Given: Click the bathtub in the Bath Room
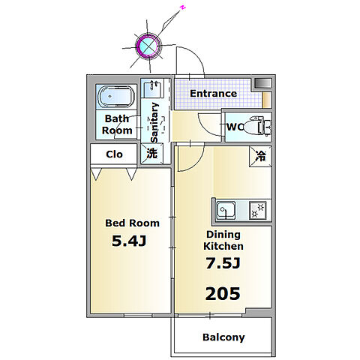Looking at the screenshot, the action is tap(116, 97).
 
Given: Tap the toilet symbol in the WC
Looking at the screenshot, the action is tap(257, 126).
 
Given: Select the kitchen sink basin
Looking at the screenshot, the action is tap(226, 210).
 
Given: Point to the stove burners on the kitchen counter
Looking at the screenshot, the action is tap(258, 210).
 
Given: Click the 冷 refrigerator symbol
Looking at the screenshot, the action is tap(260, 156).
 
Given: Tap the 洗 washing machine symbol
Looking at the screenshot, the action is tap(151, 153).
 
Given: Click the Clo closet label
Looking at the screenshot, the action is tap(114, 154).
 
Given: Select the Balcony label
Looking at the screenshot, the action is tap(223, 337).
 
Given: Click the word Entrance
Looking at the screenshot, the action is tap(213, 94).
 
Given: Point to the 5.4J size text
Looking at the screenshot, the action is tap(129, 241).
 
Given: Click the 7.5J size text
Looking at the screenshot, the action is tap(223, 263).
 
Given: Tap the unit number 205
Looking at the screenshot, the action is tap(223, 293).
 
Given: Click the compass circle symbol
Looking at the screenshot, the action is tap(148, 46).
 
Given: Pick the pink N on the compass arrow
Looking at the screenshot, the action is tap(183, 7).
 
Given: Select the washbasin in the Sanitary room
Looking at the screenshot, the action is tap(152, 88).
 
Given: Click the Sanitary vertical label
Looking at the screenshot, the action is tap(154, 122).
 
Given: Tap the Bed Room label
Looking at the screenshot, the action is tap(132, 223).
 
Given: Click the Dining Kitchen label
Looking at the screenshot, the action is tap(223, 240).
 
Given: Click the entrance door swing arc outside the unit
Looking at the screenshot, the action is tap(197, 55).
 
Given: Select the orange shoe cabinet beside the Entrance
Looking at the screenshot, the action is tap(267, 100).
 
